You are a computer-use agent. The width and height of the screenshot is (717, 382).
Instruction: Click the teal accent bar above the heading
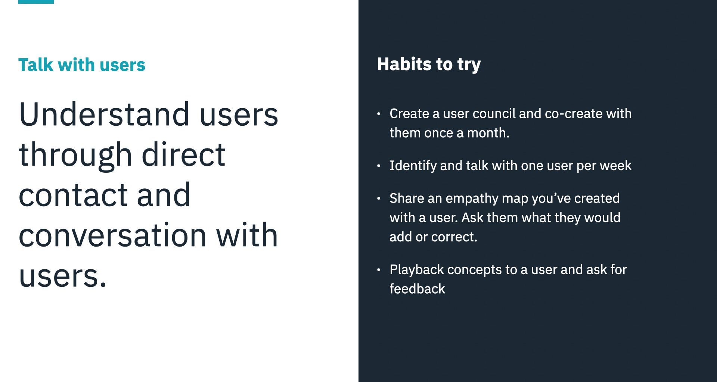[x=36, y=1]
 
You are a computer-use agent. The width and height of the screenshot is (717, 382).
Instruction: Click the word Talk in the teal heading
[x=36, y=65]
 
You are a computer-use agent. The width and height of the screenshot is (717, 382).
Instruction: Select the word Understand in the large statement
[x=104, y=114]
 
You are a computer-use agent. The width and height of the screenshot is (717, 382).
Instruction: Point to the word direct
[x=183, y=154]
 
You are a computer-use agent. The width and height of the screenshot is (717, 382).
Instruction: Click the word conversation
[x=112, y=235]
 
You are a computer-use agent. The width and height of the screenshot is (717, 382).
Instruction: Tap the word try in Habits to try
[x=469, y=65]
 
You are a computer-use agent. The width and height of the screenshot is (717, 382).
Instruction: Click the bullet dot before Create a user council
[x=379, y=113]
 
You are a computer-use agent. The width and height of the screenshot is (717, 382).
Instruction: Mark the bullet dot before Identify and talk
[x=379, y=165]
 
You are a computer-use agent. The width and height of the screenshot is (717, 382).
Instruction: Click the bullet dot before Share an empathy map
[x=379, y=198]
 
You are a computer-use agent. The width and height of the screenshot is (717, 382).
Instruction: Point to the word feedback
[x=418, y=289]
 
